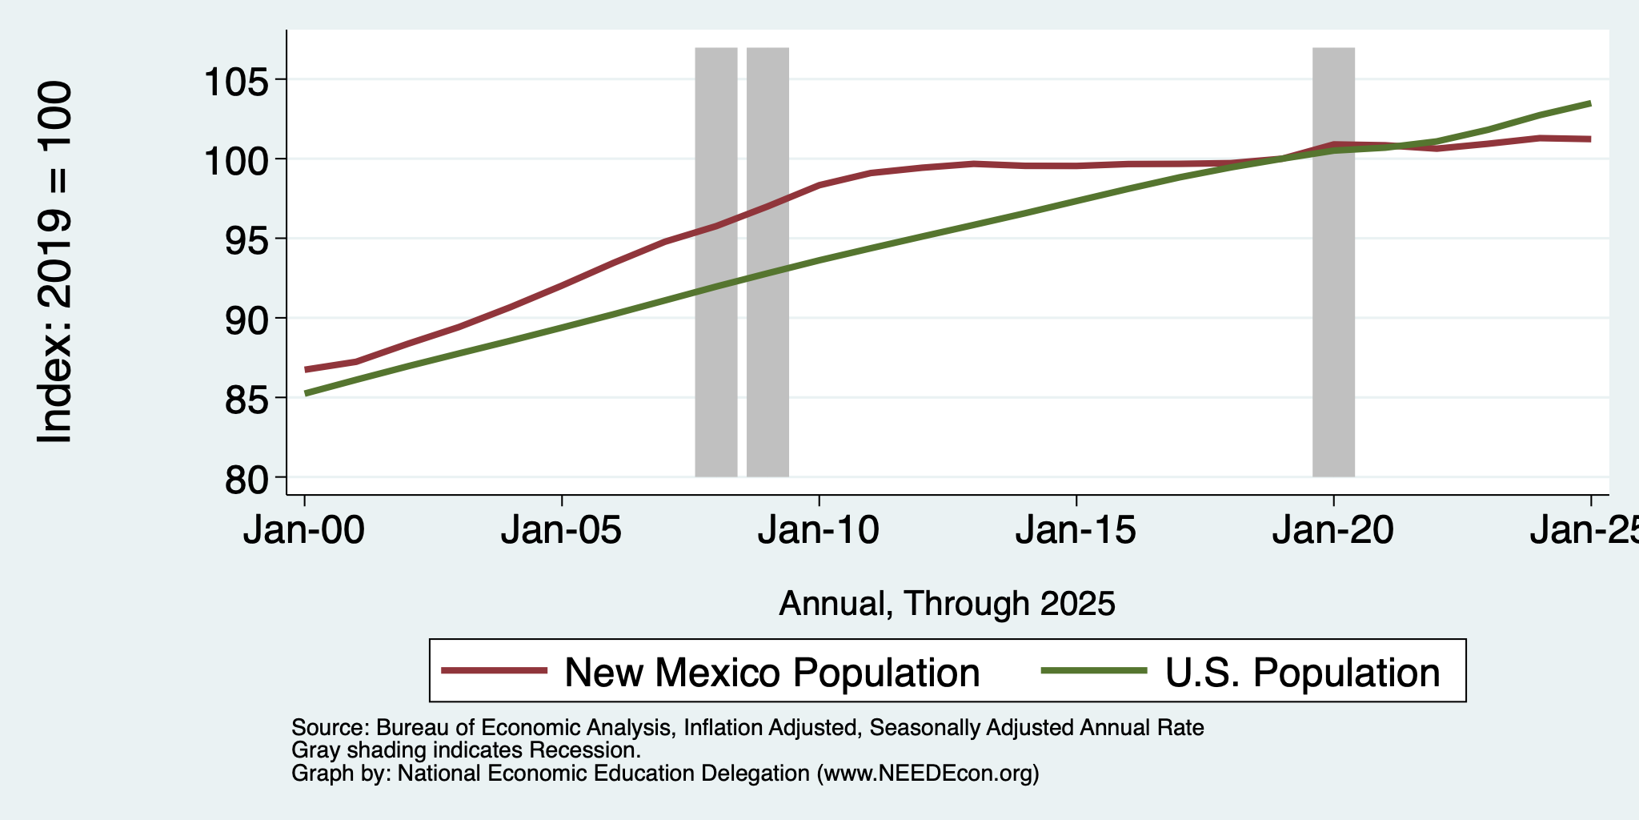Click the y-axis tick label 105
pyautogui.click(x=238, y=82)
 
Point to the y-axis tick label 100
pyautogui.click(x=238, y=161)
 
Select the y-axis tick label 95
pyautogui.click(x=248, y=240)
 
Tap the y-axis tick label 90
pyautogui.click(x=248, y=320)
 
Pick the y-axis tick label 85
pyautogui.click(x=248, y=399)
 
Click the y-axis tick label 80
pyautogui.click(x=248, y=479)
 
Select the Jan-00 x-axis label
pyautogui.click(x=305, y=531)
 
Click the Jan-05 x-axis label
pyautogui.click(x=562, y=531)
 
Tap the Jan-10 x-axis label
pyautogui.click(x=819, y=531)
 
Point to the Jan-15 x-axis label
pyautogui.click(x=1076, y=531)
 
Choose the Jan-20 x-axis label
pyautogui.click(x=1333, y=531)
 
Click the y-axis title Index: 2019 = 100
pyautogui.click(x=55, y=262)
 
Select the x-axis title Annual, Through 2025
pyautogui.click(x=947, y=604)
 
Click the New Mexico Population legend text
pyautogui.click(x=772, y=673)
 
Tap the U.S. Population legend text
pyautogui.click(x=1303, y=673)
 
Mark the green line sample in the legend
pyautogui.click(x=1093, y=670)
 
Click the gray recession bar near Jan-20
pyautogui.click(x=1333, y=262)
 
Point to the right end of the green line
pyautogui.click(x=1590, y=103)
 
